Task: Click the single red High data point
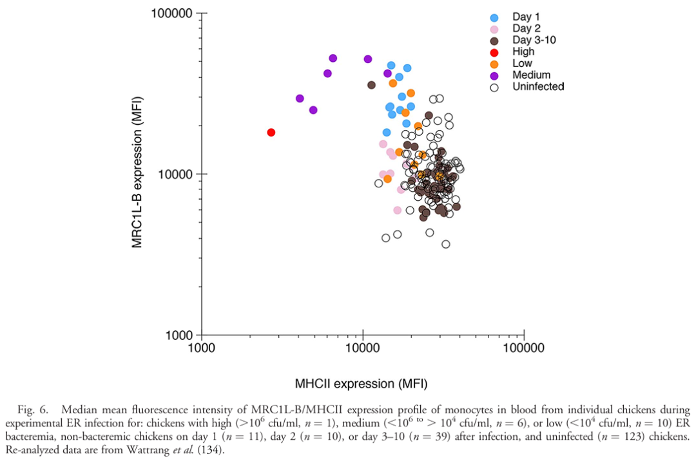coord(271,132)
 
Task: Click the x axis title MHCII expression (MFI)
coord(361,384)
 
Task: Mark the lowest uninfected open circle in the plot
coord(446,244)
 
